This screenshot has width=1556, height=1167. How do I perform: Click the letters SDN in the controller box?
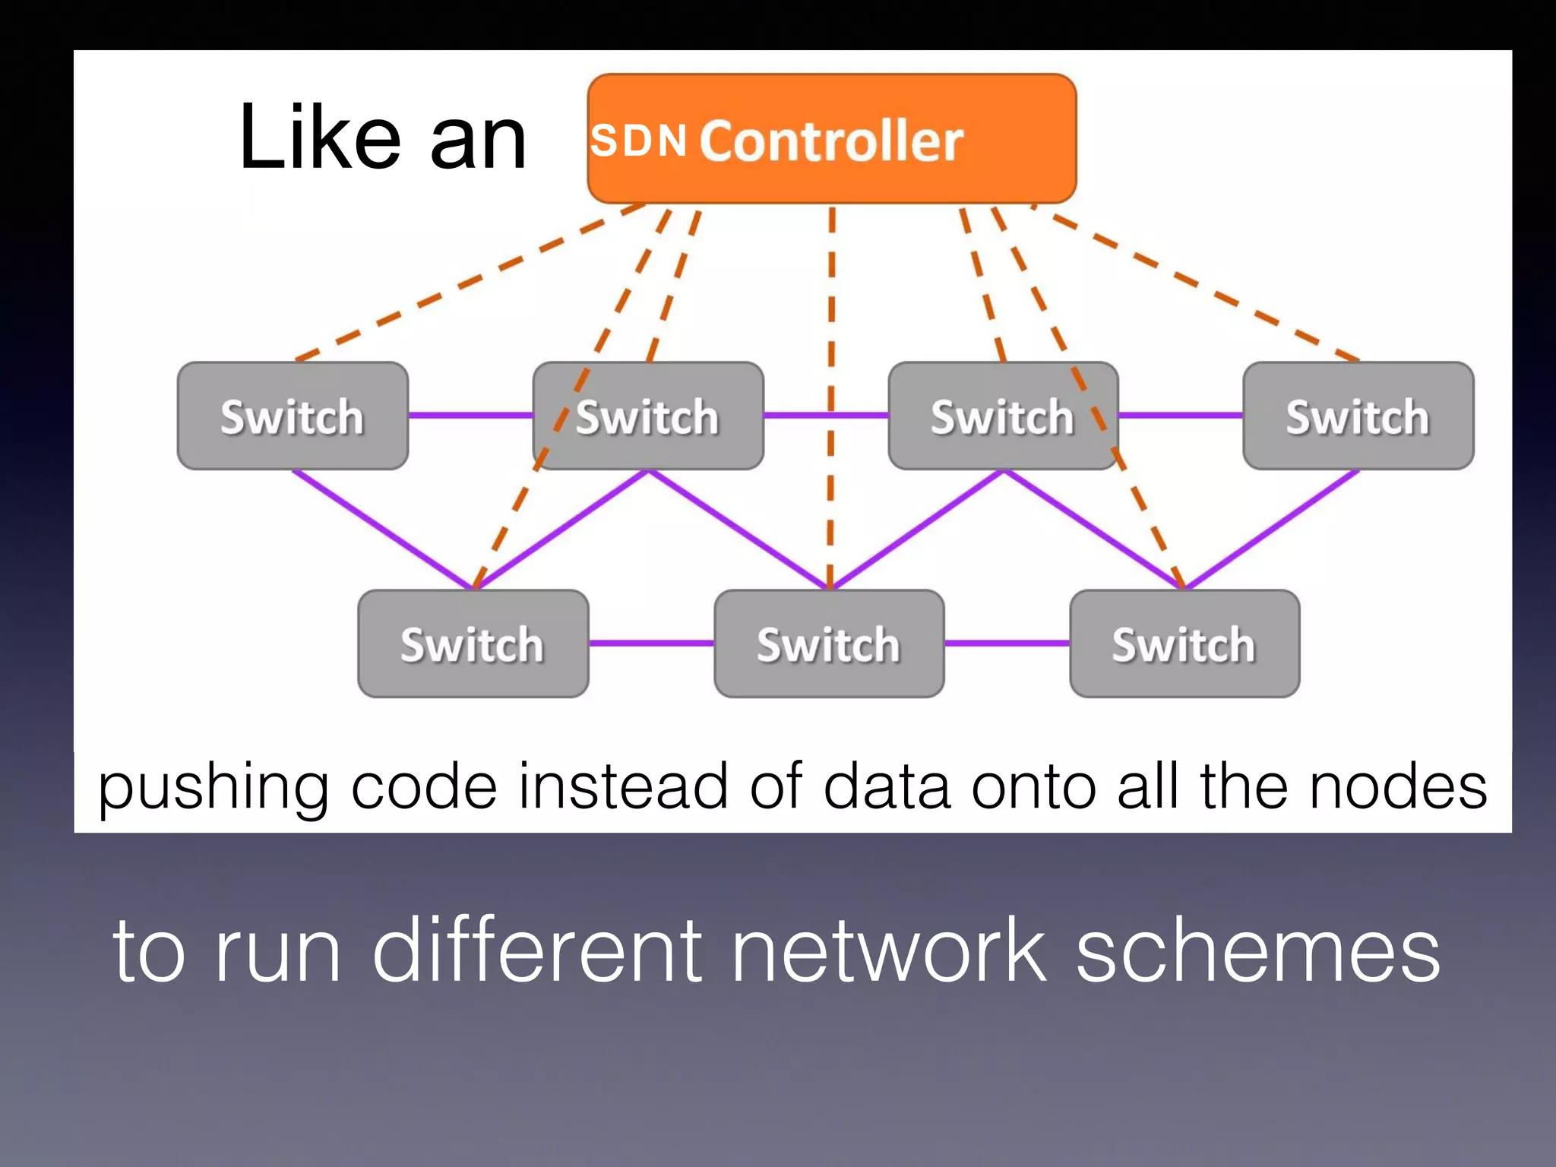tap(638, 141)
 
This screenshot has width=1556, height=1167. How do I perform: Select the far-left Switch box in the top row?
tap(293, 416)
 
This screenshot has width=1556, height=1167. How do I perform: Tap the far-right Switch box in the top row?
tap(1358, 416)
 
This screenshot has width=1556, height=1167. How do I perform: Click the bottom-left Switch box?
tap(473, 644)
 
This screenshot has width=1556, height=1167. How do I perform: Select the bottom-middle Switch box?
tap(829, 644)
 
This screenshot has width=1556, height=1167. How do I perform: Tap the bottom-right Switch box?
tap(1184, 644)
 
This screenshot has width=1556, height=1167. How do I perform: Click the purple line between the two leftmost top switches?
tap(470, 416)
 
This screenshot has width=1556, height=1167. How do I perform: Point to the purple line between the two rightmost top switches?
tap(1180, 416)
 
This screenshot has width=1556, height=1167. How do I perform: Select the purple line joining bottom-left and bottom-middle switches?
tap(651, 644)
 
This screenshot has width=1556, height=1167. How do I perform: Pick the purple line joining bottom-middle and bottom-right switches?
tap(1007, 644)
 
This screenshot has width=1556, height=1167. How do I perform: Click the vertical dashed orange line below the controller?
tap(831, 304)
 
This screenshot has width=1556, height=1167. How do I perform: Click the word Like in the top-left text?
tap(319, 138)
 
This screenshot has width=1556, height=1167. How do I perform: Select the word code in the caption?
tap(425, 786)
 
